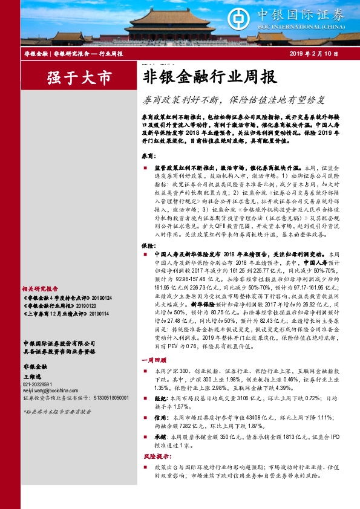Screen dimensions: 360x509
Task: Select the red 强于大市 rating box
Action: click(71, 78)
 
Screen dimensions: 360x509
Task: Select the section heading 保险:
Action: click(149, 247)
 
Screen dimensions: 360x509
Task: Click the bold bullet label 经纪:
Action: click(161, 416)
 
